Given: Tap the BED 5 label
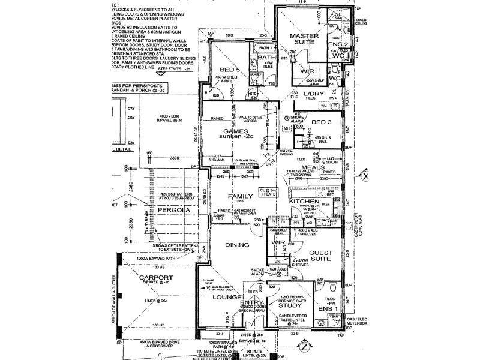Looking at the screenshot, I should [x=230, y=70].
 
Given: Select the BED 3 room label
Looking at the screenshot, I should [x=322, y=122].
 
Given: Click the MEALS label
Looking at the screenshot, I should [x=312, y=167].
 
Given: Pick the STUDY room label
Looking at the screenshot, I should [x=289, y=305].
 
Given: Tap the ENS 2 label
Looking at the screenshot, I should [x=338, y=44].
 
